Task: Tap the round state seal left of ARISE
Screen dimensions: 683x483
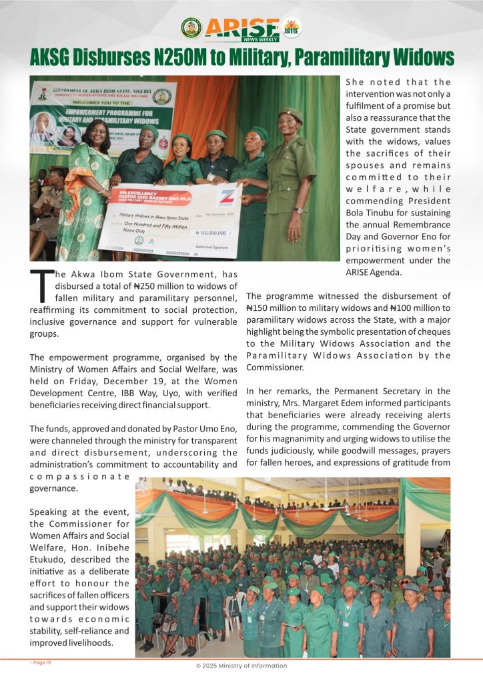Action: click(191, 27)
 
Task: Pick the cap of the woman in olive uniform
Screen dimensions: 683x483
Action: click(291, 114)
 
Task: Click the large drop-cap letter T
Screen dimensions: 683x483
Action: click(41, 284)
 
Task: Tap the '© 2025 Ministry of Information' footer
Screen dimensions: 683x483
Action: click(241, 665)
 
